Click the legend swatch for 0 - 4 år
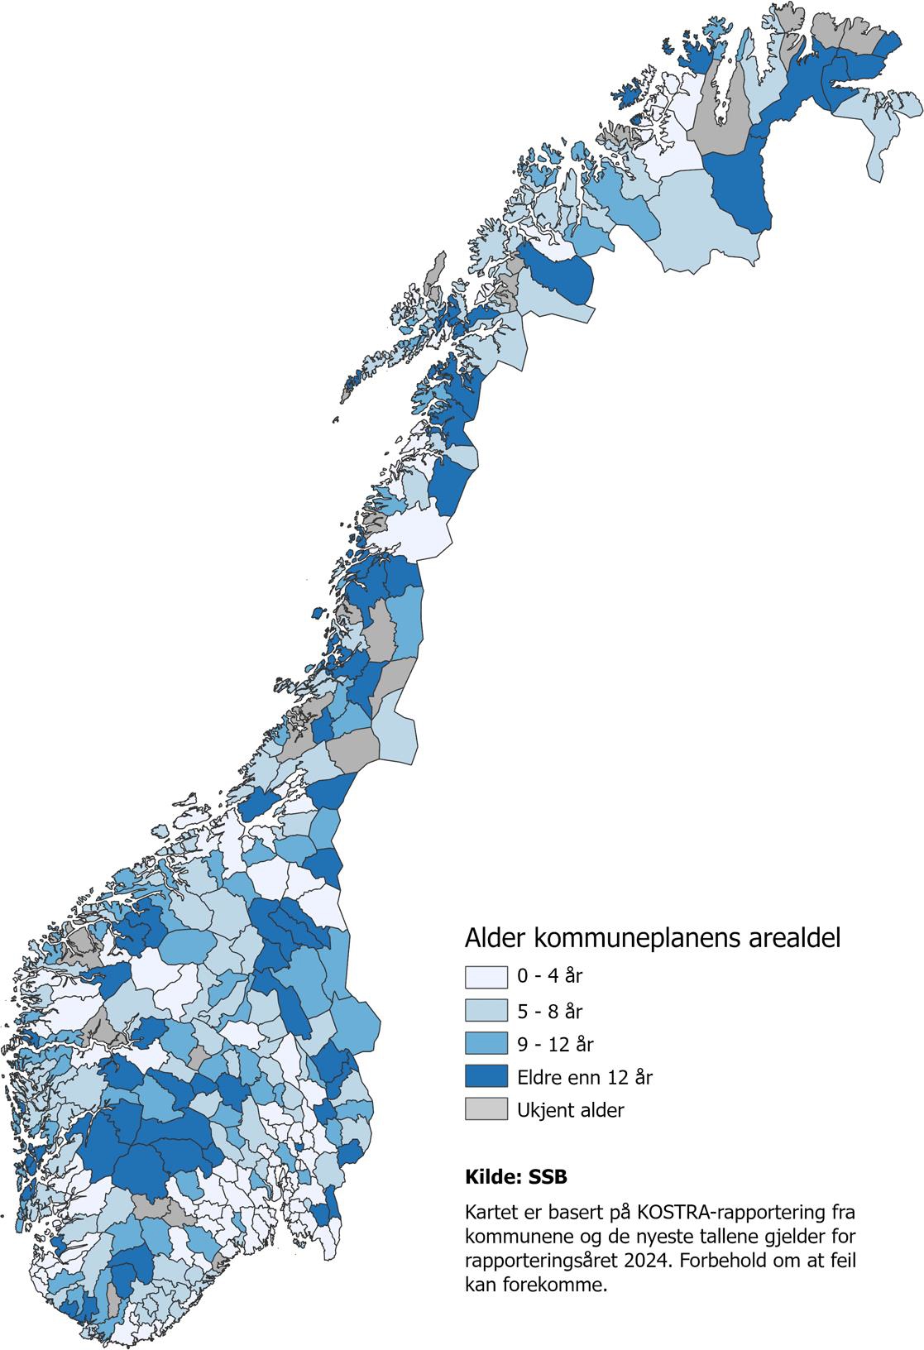(485, 977)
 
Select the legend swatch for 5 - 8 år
(485, 1011)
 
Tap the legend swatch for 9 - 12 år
(485, 1044)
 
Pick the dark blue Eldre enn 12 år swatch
(485, 1077)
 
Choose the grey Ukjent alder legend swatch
(485, 1110)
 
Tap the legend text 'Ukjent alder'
(571, 1110)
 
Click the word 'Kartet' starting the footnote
(490, 1214)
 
